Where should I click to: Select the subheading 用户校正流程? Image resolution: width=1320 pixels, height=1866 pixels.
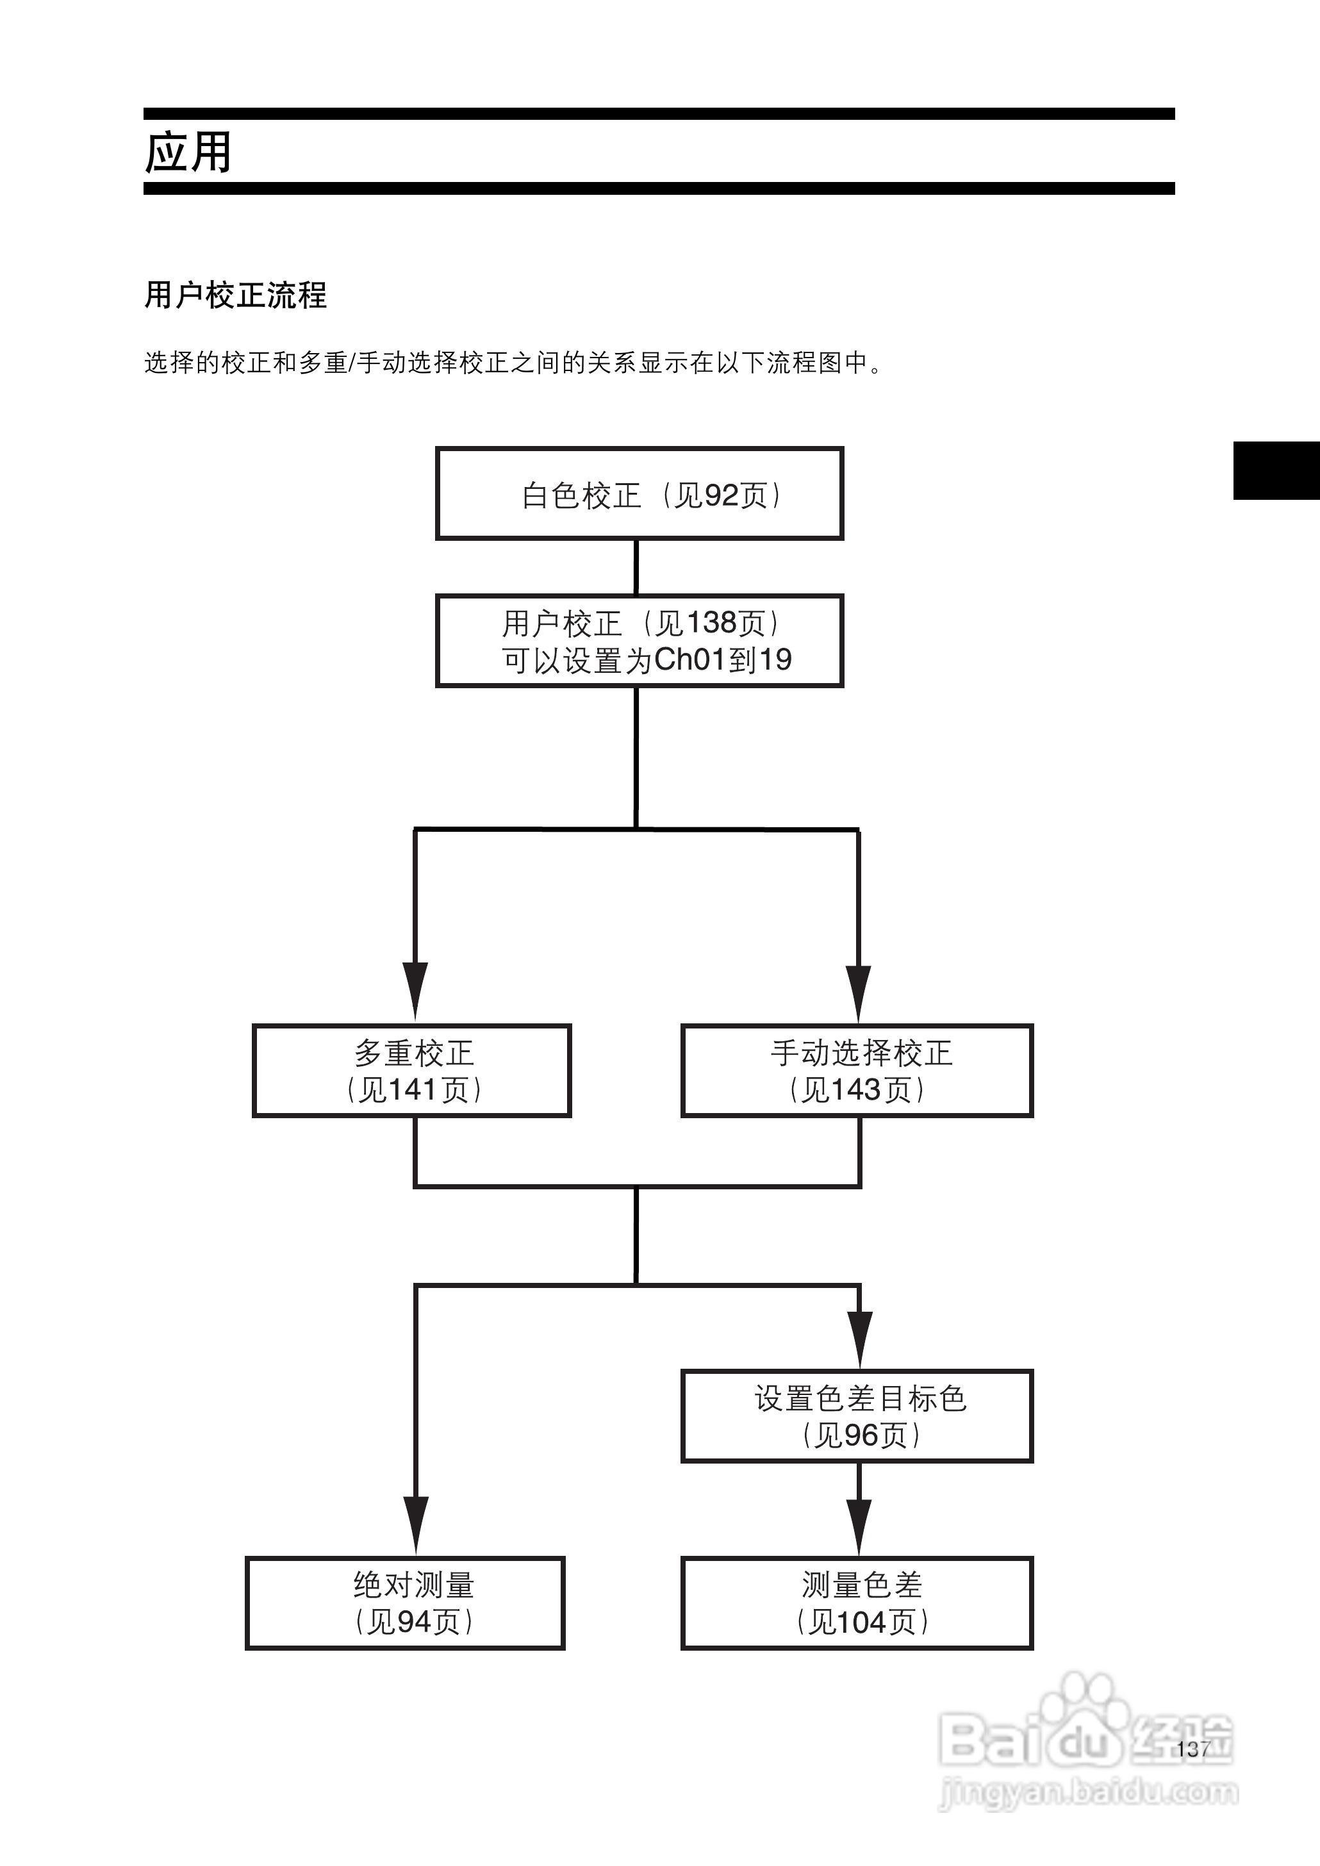pyautogui.click(x=235, y=295)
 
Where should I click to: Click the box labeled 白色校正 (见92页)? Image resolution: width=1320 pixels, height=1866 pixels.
pyautogui.click(x=639, y=493)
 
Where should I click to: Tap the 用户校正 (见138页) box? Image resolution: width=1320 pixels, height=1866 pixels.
pyautogui.click(x=639, y=641)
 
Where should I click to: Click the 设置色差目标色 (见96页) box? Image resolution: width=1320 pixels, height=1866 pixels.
pyautogui.click(x=857, y=1416)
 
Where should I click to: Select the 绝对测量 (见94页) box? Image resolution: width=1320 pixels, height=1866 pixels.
pyautogui.click(x=406, y=1603)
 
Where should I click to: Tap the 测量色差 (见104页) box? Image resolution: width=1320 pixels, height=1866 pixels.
pyautogui.click(x=857, y=1603)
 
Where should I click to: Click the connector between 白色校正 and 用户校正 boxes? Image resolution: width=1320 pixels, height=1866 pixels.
pyautogui.click(x=636, y=566)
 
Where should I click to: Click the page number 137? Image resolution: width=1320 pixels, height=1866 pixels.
pyautogui.click(x=1192, y=1749)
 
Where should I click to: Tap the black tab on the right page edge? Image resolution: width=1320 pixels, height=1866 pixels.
pyautogui.click(x=1276, y=470)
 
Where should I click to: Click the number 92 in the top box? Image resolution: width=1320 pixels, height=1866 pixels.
pyautogui.click(x=721, y=495)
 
